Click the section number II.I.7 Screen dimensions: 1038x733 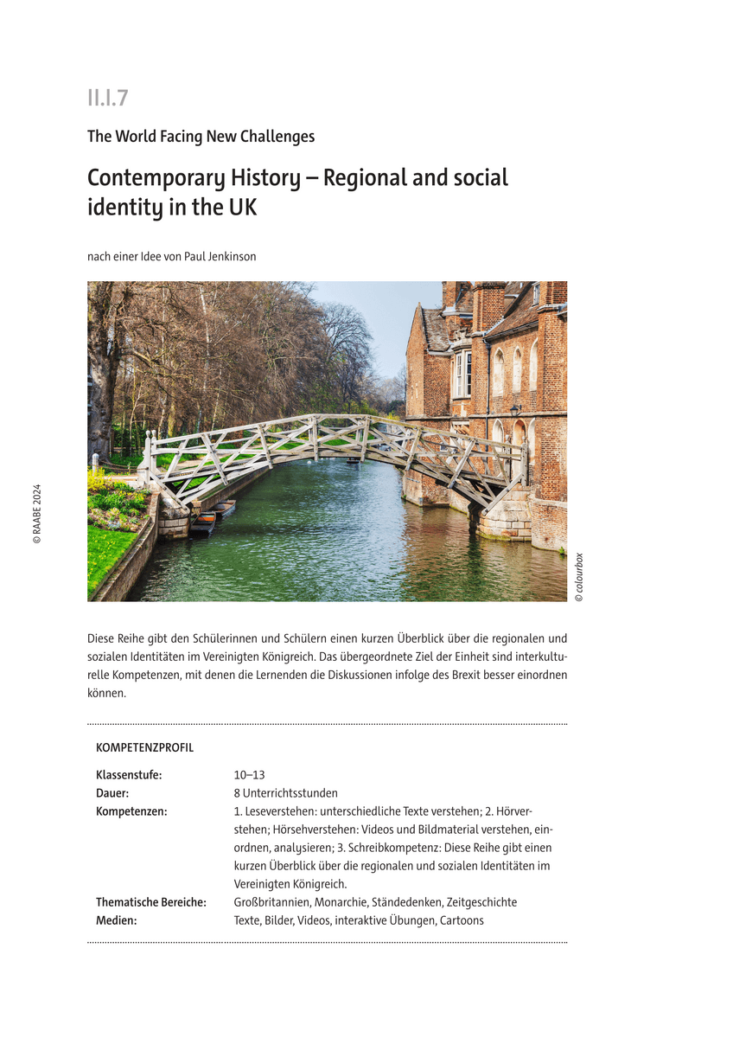point(107,99)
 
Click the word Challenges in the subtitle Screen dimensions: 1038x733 point(277,137)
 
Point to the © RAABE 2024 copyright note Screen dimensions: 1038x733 point(36,513)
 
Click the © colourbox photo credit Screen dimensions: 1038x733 point(579,577)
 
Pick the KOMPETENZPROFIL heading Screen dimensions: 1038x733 point(144,747)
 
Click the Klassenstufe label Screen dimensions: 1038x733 point(129,775)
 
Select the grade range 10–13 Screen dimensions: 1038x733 point(249,775)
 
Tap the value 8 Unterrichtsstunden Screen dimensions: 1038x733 point(285,793)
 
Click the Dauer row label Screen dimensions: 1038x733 point(112,793)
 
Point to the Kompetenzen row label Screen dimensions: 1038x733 point(131,811)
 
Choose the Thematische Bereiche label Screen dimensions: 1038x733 point(150,902)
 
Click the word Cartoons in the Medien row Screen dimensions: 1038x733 point(461,920)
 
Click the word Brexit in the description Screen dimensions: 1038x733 point(468,675)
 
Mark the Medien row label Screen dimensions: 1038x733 point(117,920)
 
